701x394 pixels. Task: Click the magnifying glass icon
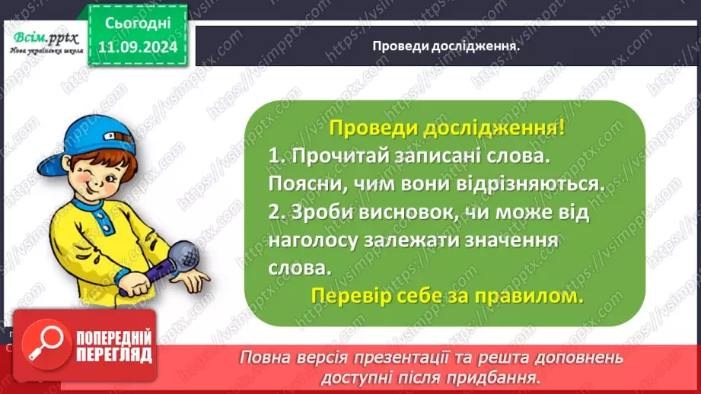[x=41, y=345]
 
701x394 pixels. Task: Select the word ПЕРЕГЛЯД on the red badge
[x=113, y=354]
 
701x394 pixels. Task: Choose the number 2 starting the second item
[x=274, y=213]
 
